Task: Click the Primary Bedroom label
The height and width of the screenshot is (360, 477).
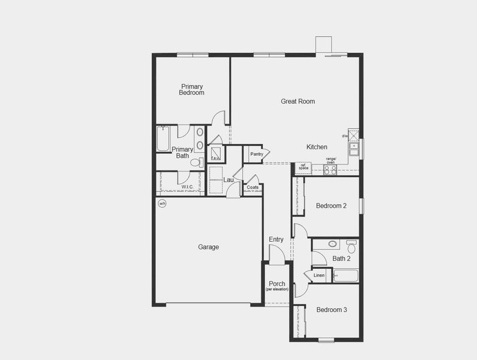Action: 191,89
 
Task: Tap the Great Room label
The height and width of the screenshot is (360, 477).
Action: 298,101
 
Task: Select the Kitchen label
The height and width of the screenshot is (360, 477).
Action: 317,147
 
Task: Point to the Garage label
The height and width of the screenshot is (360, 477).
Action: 209,247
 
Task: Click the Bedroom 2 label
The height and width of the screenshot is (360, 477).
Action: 331,206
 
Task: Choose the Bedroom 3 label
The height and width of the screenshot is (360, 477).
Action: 332,310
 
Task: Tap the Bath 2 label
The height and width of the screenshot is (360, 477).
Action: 341,259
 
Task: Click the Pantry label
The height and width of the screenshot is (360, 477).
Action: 257,154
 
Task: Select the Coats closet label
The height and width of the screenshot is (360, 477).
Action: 253,187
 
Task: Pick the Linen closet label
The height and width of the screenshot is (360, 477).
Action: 319,275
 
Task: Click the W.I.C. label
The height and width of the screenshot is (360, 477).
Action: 187,187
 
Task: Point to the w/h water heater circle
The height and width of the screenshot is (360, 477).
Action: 162,203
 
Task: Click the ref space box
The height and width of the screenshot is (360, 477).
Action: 303,167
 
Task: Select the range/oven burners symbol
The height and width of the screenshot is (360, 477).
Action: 331,170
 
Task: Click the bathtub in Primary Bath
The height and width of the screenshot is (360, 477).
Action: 163,139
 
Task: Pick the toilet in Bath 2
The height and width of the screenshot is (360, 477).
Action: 351,246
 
